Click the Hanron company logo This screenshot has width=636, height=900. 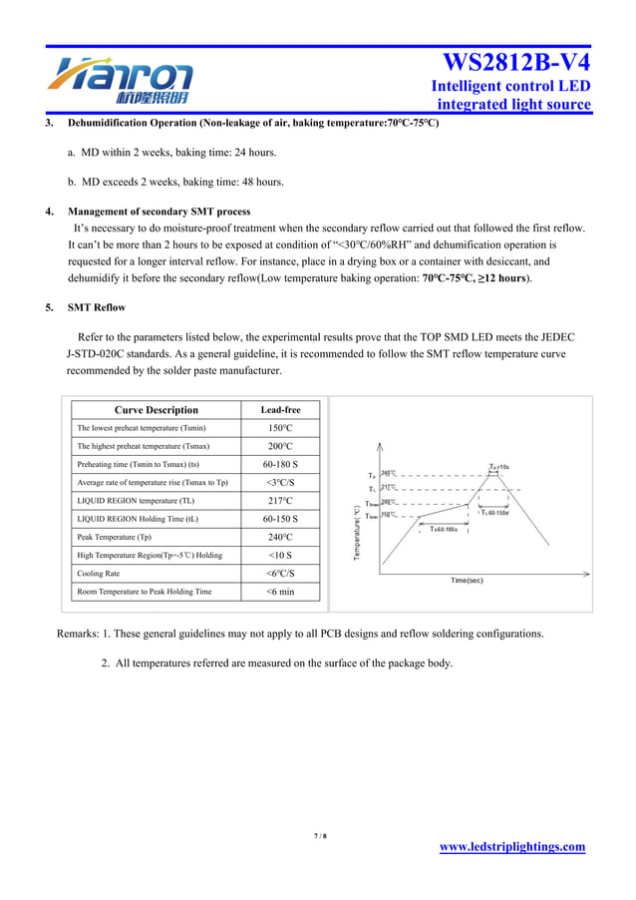pos(120,80)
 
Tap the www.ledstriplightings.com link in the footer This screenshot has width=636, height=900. pos(512,847)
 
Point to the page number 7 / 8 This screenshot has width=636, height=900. pos(320,836)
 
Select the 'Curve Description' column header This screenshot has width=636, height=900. pos(157,410)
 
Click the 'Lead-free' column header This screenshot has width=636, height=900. pos(280,410)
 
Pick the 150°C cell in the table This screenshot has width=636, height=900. pos(280,428)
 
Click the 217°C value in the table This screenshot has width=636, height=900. pos(280,501)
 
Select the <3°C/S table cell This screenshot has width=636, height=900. pos(280,483)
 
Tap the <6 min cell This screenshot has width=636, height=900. pos(280,592)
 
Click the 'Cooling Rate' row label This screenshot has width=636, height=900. pos(99,574)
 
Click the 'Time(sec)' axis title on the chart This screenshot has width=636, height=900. pos(467,580)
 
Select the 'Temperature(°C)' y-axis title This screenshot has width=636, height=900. pos(356,532)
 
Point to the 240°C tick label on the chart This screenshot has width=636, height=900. pos(388,474)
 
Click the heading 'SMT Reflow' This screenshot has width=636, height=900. pos(97,307)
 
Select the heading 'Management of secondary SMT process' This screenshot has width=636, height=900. pos(159,212)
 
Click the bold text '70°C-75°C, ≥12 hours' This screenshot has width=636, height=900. pos(476,278)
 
